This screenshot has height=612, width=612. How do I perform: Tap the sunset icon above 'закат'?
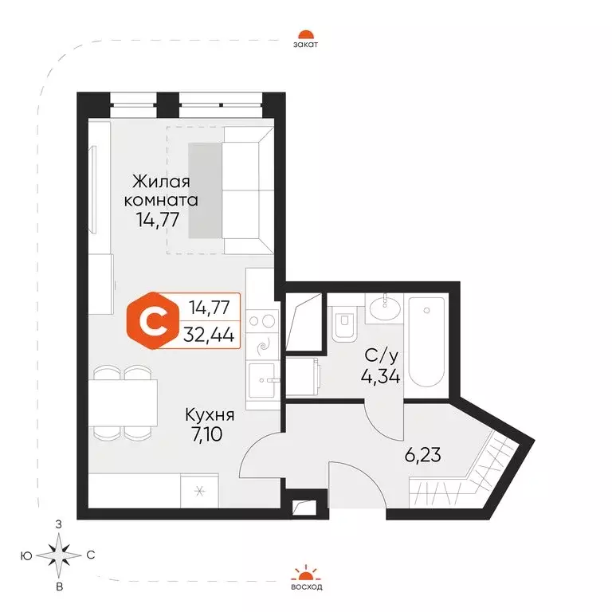[306, 34]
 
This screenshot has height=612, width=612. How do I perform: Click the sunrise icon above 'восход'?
[306, 573]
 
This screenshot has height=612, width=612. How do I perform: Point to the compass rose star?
[59, 555]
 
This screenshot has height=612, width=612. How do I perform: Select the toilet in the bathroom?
[344, 324]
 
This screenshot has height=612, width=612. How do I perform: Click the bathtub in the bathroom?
[426, 343]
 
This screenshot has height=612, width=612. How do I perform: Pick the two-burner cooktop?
[262, 321]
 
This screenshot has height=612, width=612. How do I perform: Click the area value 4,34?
[380, 377]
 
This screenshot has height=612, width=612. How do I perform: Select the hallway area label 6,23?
[422, 455]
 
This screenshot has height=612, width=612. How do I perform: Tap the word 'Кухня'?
[210, 414]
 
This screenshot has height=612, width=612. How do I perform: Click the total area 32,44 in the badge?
[209, 335]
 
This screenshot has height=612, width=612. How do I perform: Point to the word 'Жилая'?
[161, 182]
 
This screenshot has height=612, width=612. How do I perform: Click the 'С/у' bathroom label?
[381, 356]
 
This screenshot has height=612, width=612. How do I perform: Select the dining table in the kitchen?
[123, 402]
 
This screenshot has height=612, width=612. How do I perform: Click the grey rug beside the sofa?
[206, 190]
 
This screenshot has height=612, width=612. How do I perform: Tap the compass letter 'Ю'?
[26, 555]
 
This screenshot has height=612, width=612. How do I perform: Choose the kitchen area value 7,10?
[207, 434]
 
